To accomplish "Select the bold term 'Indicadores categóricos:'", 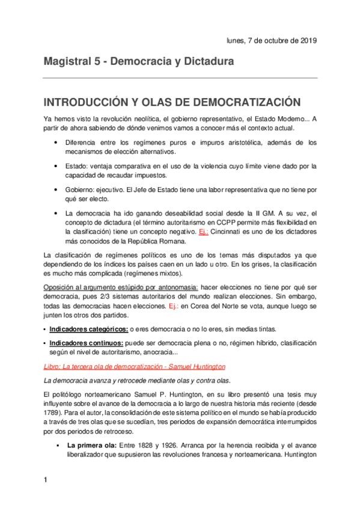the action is click(88, 329).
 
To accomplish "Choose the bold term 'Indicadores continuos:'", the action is click(87, 342).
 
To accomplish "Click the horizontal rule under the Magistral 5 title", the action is click(180, 78).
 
